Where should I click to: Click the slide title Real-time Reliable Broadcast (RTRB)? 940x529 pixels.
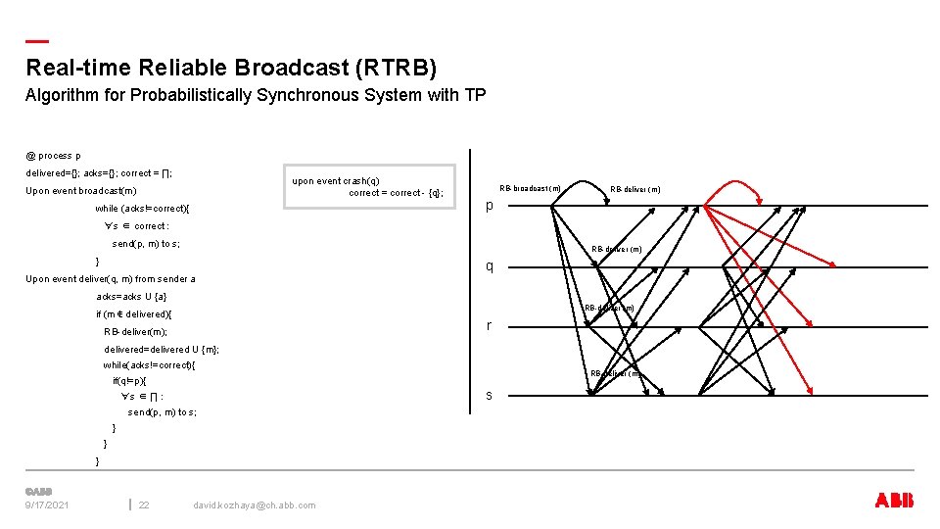coord(231,68)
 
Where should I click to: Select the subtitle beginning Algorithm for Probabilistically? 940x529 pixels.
coord(255,95)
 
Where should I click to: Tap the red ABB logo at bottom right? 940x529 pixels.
coord(893,501)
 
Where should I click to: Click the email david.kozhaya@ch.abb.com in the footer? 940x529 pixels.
coord(255,505)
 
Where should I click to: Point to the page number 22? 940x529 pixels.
coord(144,505)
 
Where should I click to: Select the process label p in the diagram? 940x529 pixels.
coord(490,206)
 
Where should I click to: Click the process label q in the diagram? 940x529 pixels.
coord(490,266)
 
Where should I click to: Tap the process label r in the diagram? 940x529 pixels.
coord(490,326)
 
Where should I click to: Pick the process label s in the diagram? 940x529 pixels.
coord(490,395)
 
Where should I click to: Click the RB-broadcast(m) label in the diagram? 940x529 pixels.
coord(530,188)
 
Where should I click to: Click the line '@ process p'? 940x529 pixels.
coord(54,155)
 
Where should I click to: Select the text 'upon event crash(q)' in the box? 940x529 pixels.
coord(336,180)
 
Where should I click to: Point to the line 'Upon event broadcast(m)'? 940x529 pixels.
coord(81,191)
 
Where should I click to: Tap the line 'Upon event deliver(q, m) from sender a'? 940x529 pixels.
coord(111,279)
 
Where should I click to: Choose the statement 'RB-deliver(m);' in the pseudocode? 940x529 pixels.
coord(136,332)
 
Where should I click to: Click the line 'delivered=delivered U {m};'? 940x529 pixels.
coord(162,350)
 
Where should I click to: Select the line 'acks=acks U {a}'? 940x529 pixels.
coord(131,297)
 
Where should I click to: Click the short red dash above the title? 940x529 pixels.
coord(37,41)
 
